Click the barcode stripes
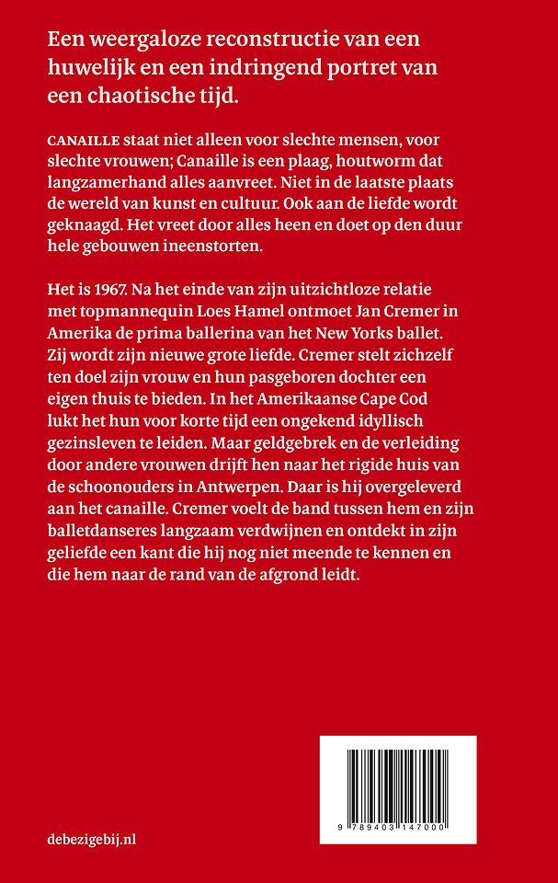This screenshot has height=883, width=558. [x=424, y=774]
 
